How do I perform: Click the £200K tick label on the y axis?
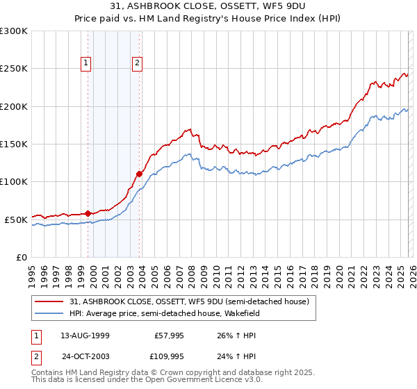coord(14,106)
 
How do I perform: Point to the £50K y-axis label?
coord(16,220)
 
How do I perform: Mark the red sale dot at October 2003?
coord(140,174)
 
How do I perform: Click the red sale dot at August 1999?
coord(88,213)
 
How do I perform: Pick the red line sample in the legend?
coord(50,301)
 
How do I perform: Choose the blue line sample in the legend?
coord(50,313)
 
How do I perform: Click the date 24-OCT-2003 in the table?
coord(85,358)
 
